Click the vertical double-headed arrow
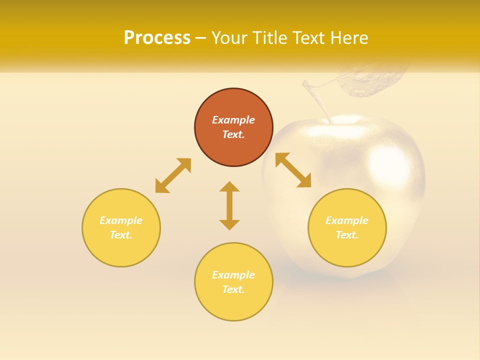coord(229,205)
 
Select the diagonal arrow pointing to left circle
coord(173,175)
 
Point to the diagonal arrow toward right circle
coord(293,170)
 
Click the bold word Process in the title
coord(157,38)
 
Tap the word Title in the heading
coord(270,38)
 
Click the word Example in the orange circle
coord(233,120)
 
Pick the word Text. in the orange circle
coord(233,134)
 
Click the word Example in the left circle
coord(121,220)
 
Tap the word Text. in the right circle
coord(347,235)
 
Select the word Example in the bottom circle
coord(233,275)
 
